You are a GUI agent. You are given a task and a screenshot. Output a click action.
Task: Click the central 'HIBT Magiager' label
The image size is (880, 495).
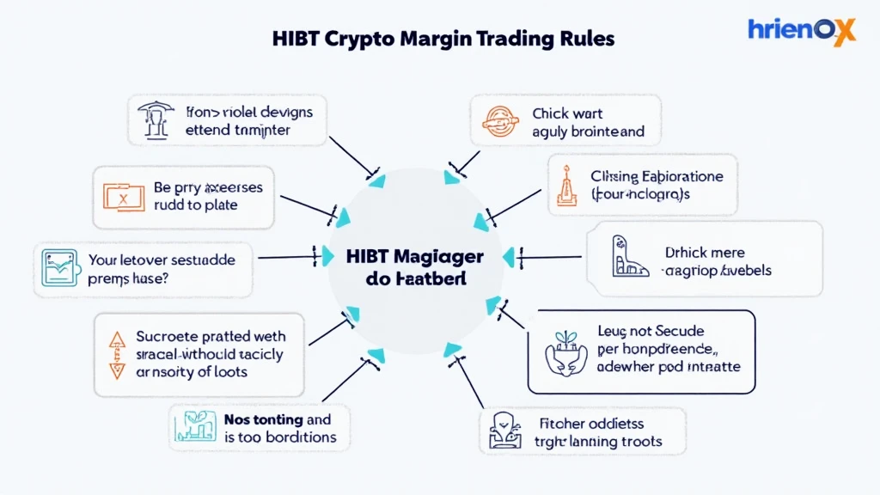point(415,257)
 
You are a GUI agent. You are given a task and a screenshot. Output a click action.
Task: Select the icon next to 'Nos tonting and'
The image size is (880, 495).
point(194,428)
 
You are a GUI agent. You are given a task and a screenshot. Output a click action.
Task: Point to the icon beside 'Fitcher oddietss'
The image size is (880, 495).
point(501,431)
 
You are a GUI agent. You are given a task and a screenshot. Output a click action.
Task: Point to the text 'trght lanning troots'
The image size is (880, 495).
point(600,442)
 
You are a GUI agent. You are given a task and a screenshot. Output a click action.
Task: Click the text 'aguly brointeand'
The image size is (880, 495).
point(588,133)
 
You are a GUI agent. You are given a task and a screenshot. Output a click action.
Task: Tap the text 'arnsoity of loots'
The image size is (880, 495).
point(192,372)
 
